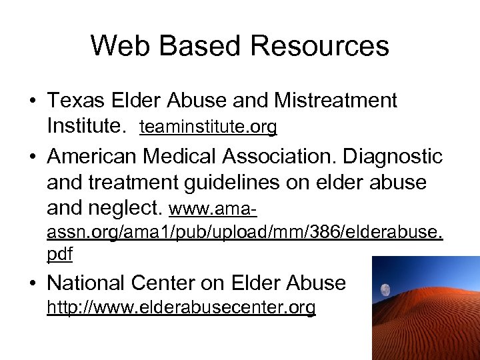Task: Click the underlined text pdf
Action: (59, 254)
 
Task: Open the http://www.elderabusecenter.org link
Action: (181, 308)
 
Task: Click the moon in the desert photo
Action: (385, 290)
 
